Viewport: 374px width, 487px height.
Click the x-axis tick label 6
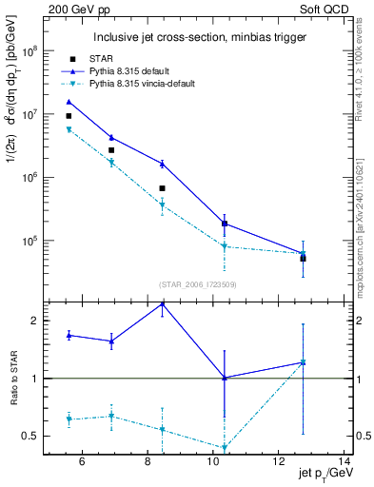tap(82, 462)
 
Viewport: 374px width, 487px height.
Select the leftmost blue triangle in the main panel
tap(69, 102)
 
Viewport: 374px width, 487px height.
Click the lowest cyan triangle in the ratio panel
tap(225, 448)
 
